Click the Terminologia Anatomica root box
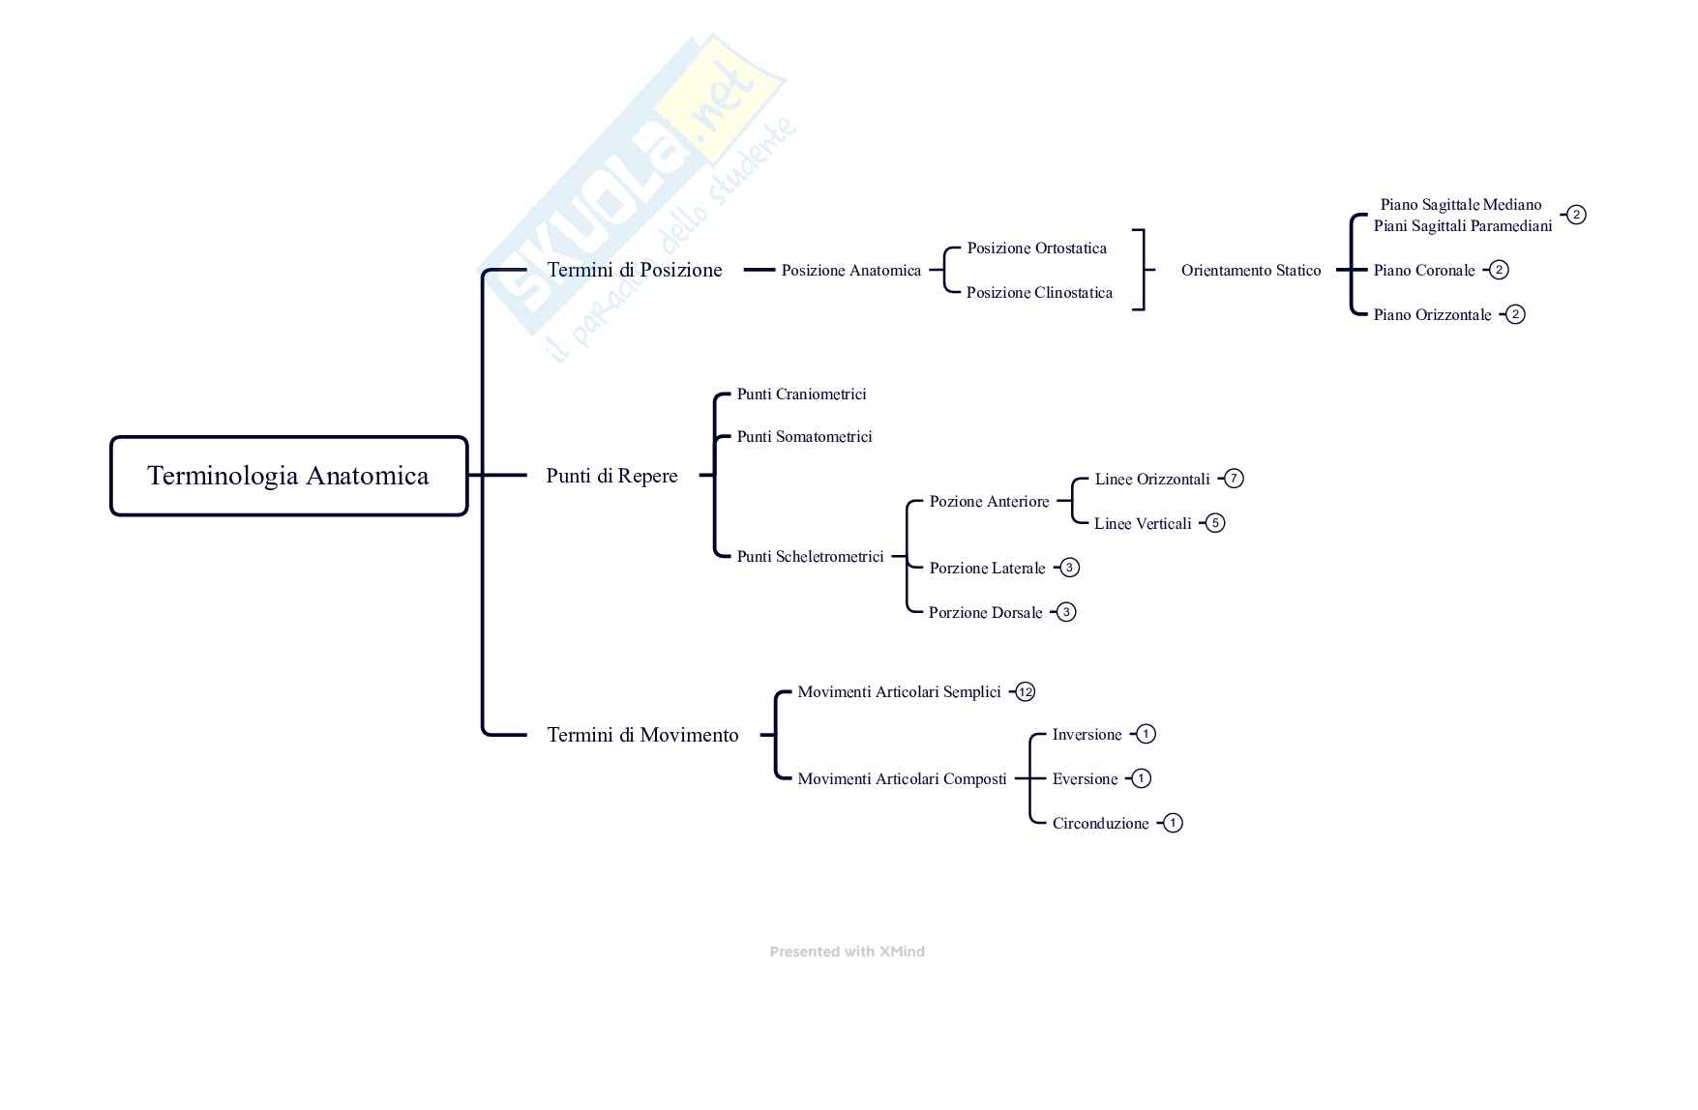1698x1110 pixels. point(288,476)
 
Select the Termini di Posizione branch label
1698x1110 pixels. point(635,270)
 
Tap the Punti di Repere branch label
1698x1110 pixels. point(611,476)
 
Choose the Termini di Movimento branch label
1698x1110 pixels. point(642,735)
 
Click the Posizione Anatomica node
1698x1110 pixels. point(850,271)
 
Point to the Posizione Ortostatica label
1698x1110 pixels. point(1036,248)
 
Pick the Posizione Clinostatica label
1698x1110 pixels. point(1039,293)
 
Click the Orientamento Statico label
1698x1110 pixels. point(1250,271)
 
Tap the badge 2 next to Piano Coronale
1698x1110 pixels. point(1499,270)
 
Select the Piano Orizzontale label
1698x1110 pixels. point(1432,315)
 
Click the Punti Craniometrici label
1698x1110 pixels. point(801,394)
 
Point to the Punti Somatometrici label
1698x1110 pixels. point(804,437)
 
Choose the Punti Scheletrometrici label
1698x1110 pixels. point(810,557)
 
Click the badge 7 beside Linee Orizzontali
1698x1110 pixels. point(1234,479)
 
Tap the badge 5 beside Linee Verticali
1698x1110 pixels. point(1215,523)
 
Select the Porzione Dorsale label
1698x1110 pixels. point(985,613)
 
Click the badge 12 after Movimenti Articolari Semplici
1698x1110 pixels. point(1026,692)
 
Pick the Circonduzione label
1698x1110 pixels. point(1100,824)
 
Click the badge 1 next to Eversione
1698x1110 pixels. point(1141,778)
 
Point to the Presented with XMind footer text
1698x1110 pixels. point(847,952)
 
